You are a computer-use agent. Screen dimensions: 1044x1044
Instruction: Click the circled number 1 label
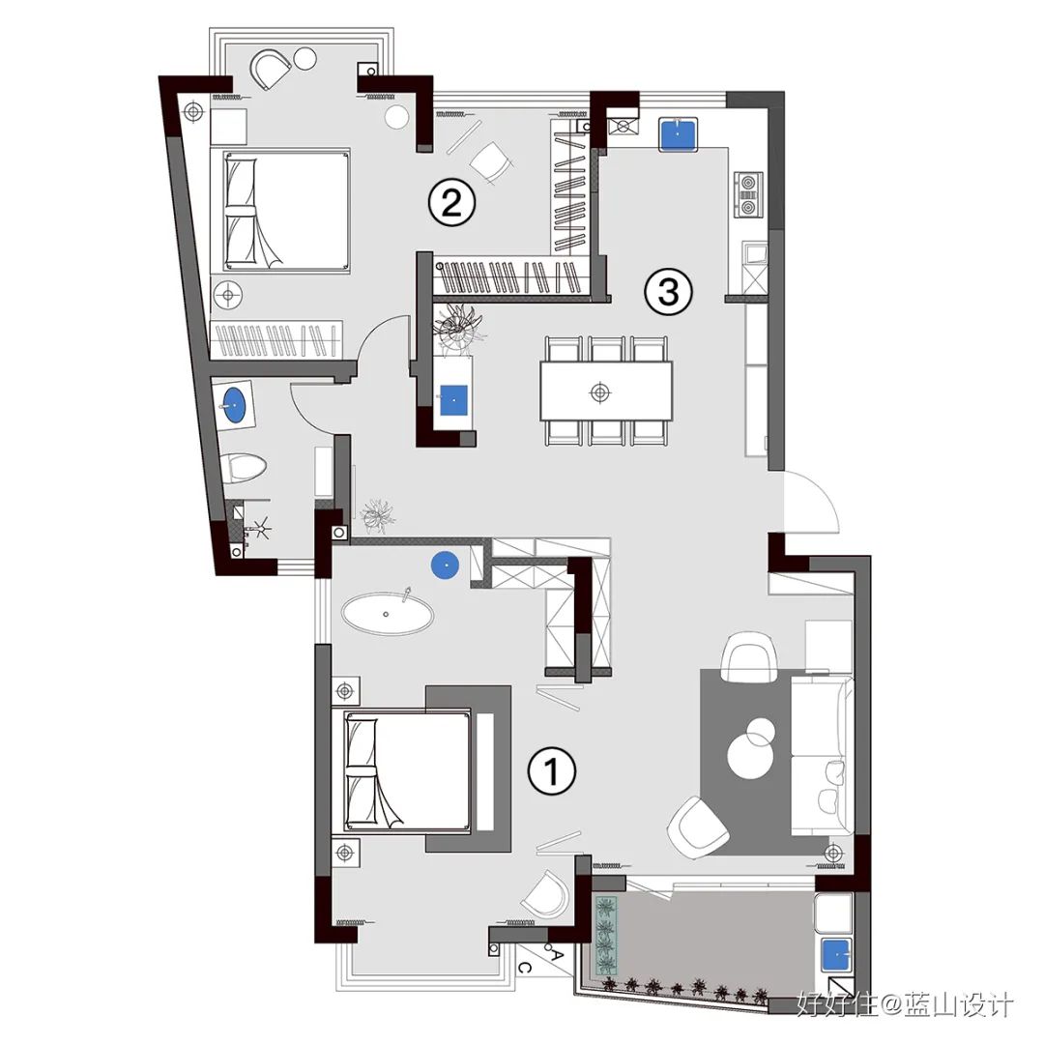pyautogui.click(x=551, y=771)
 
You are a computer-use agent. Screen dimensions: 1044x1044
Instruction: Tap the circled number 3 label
pyautogui.click(x=668, y=291)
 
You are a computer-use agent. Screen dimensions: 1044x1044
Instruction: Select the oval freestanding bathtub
pyautogui.click(x=388, y=613)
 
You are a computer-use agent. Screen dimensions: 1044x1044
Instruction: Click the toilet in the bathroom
pyautogui.click(x=243, y=468)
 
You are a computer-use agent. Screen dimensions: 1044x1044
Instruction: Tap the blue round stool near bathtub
pyautogui.click(x=445, y=565)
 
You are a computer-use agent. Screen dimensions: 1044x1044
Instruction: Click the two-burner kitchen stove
pyautogui.click(x=749, y=193)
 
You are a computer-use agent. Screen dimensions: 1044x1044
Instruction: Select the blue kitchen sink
pyautogui.click(x=678, y=133)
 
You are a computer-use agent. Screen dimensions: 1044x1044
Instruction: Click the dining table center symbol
pyautogui.click(x=600, y=392)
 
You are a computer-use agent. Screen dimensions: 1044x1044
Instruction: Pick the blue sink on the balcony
pyautogui.click(x=836, y=957)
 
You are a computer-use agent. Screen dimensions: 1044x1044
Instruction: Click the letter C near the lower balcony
pyautogui.click(x=524, y=968)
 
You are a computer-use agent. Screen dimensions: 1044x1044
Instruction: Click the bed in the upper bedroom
pyautogui.click(x=280, y=211)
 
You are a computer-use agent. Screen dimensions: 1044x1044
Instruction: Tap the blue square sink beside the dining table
pyautogui.click(x=453, y=399)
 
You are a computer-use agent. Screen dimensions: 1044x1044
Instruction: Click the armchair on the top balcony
pyautogui.click(x=271, y=68)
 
